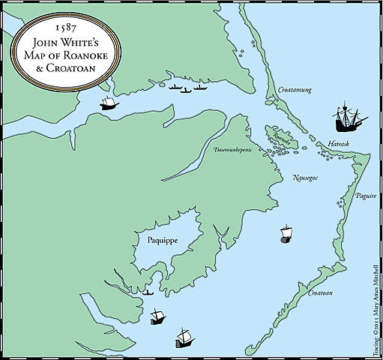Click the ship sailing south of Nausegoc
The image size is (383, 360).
[x=286, y=234]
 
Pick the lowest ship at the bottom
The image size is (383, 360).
[x=184, y=338]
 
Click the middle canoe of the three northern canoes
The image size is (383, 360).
[x=186, y=90]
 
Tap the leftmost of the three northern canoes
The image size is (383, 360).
[x=175, y=88]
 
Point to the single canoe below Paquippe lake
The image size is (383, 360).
[x=148, y=292]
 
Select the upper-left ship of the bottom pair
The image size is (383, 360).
[x=157, y=316]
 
